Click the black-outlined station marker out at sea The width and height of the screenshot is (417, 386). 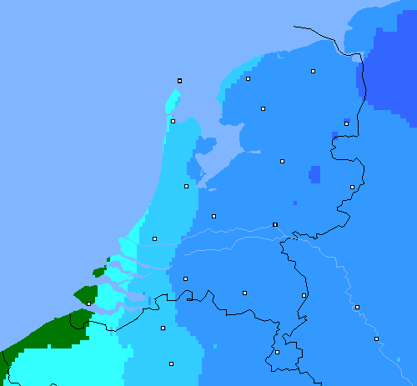pyautogui.click(x=179, y=81)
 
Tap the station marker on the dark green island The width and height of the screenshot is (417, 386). pyautogui.click(x=88, y=303)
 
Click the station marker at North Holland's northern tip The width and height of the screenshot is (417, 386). pyautogui.click(x=173, y=121)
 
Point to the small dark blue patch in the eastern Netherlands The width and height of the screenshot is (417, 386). pyautogui.click(x=314, y=174)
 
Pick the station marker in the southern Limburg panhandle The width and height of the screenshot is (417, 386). pyautogui.click(x=277, y=352)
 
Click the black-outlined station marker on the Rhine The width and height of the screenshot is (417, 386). pyautogui.click(x=275, y=224)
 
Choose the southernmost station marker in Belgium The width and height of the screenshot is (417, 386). pyautogui.click(x=171, y=363)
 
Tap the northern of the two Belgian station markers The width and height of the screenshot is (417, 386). pyautogui.click(x=163, y=328)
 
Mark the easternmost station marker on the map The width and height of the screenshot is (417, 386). pyautogui.click(x=376, y=338)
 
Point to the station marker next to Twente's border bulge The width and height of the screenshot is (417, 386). pyautogui.click(x=352, y=187)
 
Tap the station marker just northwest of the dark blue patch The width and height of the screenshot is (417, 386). pyautogui.click(x=282, y=161)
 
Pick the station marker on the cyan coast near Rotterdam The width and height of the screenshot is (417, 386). pyautogui.click(x=154, y=238)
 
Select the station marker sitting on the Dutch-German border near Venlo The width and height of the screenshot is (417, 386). pyautogui.click(x=304, y=295)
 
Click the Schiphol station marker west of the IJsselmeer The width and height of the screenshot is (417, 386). pyautogui.click(x=186, y=186)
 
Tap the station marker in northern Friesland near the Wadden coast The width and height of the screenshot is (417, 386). pyautogui.click(x=248, y=78)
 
